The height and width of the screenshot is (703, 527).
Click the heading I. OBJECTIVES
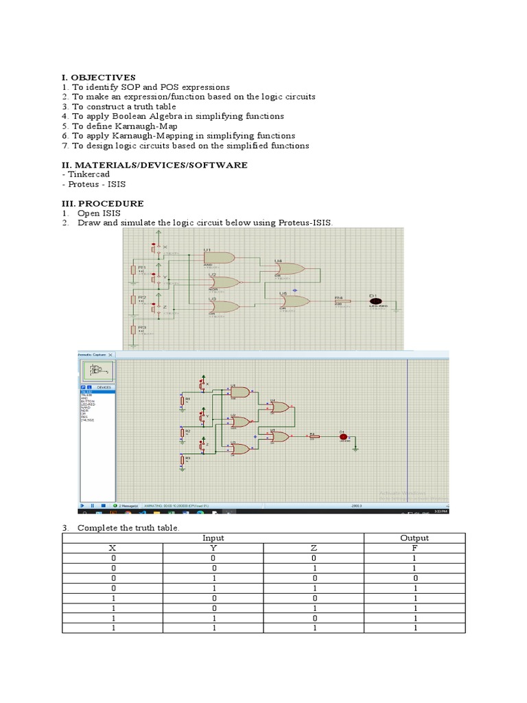(98, 78)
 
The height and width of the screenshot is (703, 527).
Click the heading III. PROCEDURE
(102, 204)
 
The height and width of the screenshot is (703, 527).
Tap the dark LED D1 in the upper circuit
(375, 301)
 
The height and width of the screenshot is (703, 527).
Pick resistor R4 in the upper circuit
(341, 301)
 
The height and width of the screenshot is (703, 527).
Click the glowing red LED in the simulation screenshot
(343, 435)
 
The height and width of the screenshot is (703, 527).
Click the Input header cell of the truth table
(213, 538)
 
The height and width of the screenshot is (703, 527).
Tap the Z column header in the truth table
(313, 549)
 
